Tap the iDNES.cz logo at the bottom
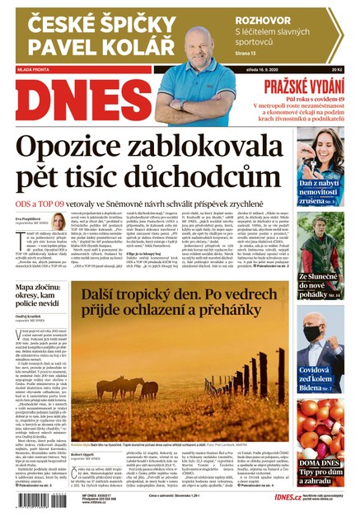tap(250, 498)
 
